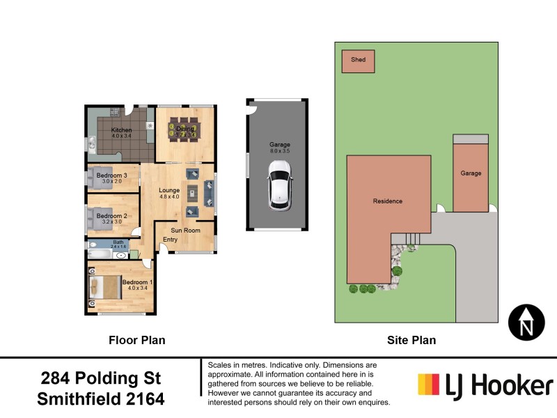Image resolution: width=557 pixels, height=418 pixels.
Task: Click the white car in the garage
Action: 279,184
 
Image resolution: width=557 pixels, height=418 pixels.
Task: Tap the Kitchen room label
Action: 121,130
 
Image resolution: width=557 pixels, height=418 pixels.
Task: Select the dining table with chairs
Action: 185,130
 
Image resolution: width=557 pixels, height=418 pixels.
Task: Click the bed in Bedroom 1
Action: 104,287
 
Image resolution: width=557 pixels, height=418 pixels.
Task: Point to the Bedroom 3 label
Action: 111,175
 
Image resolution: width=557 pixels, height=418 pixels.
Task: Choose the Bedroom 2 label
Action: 111,216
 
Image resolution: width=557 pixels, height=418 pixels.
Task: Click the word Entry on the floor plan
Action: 170,240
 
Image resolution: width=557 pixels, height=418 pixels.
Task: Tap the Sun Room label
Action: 187,231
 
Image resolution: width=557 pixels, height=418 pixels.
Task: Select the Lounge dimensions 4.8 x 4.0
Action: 169,197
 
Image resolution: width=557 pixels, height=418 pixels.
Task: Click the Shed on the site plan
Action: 358,61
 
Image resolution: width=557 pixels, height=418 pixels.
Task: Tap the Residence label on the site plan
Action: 387,201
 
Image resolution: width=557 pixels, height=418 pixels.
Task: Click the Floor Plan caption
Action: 136,341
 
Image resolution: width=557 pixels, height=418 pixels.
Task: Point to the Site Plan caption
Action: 411,341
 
